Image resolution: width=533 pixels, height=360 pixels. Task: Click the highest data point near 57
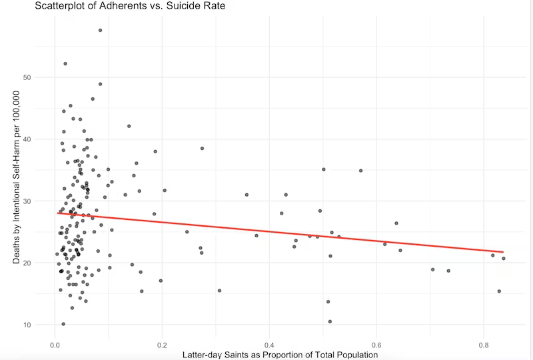tap(100, 31)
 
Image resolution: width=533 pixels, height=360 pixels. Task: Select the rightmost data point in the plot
tap(504, 259)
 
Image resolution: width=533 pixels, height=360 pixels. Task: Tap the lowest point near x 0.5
tap(330, 321)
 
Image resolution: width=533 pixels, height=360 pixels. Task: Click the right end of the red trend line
tap(504, 251)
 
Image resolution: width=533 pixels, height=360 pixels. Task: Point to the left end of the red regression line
tap(57, 213)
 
